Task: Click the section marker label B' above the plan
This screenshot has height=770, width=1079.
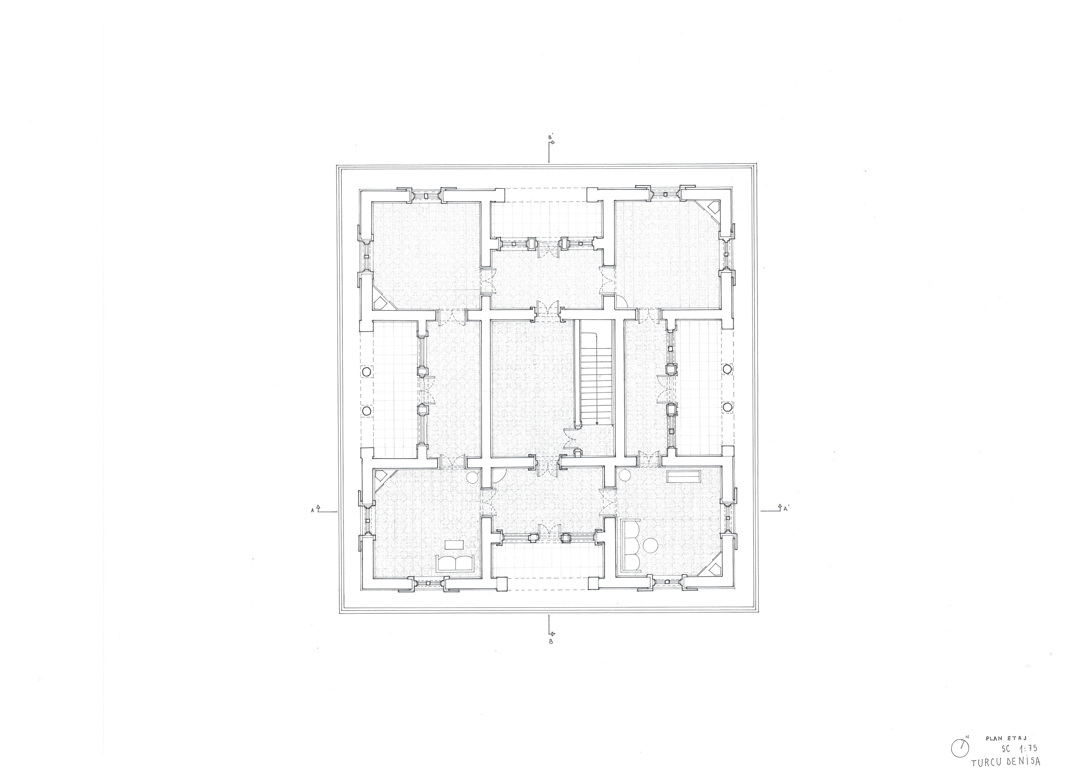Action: click(550, 138)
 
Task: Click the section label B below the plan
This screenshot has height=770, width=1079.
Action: click(550, 642)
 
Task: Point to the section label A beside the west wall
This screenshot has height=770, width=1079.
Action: click(312, 511)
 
